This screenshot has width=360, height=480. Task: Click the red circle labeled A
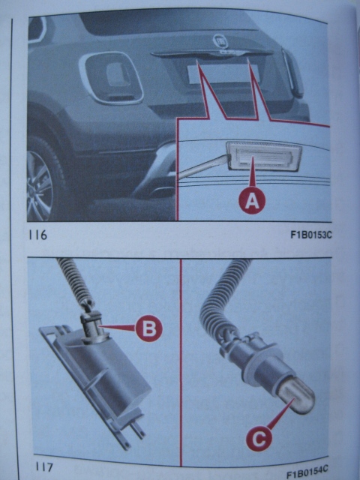pyautogui.click(x=252, y=200)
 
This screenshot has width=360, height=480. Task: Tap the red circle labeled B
pyautogui.click(x=149, y=328)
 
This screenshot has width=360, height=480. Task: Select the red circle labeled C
pyautogui.click(x=259, y=438)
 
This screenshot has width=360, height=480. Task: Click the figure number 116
pyautogui.click(x=38, y=235)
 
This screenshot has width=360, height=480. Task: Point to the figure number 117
pyautogui.click(x=44, y=466)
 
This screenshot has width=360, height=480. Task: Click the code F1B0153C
pyautogui.click(x=311, y=235)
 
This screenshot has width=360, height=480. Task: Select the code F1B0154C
pyautogui.click(x=307, y=472)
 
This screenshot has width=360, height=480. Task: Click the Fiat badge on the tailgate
pyautogui.click(x=220, y=40)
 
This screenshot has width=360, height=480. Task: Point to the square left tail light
pyautogui.click(x=111, y=78)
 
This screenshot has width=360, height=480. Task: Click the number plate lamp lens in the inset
pyautogui.click(x=264, y=157)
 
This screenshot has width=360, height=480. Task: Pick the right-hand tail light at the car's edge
pyautogui.click(x=293, y=73)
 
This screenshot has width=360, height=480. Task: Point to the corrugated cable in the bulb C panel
pyautogui.click(x=220, y=301)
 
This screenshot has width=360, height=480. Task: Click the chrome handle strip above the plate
pyautogui.click(x=211, y=53)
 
